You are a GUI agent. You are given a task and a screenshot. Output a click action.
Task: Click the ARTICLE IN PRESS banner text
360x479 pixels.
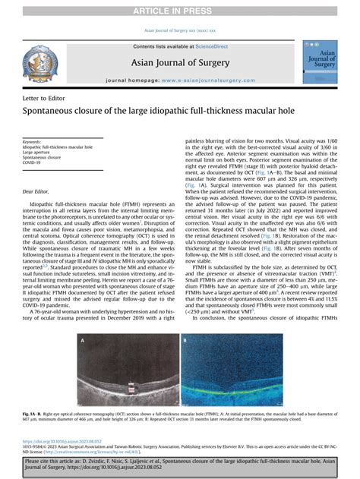pyautogui.click(x=180, y=10)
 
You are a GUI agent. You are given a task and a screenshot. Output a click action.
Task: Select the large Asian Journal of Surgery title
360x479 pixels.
pyautogui.click(x=180, y=63)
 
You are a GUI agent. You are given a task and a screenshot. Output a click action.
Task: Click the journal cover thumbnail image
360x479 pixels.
pyautogui.click(x=319, y=62)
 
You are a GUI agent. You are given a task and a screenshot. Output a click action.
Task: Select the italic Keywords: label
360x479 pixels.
pyautogui.click(x=33, y=142)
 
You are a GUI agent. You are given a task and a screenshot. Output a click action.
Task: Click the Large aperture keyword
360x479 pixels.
pyautogui.click(x=38, y=152)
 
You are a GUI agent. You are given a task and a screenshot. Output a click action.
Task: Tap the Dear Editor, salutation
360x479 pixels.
pyautogui.click(x=36, y=195)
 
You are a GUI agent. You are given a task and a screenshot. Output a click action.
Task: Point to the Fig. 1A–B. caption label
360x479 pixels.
pyautogui.click(x=34, y=413)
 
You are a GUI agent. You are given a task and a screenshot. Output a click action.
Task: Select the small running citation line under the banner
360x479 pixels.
pyautogui.click(x=180, y=30)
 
